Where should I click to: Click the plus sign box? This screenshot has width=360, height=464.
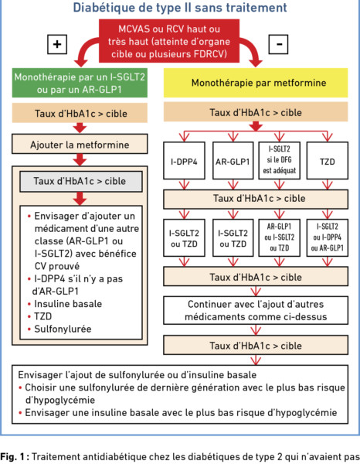57,44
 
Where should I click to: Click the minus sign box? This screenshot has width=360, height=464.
278,44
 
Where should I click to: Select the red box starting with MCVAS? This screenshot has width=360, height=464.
169,41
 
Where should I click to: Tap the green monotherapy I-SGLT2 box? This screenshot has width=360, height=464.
80,83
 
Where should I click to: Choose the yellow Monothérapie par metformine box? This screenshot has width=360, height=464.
256,83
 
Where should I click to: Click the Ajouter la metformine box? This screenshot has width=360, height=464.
80,144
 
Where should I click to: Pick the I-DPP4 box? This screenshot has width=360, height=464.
184,161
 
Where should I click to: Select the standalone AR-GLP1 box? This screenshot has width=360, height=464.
233,161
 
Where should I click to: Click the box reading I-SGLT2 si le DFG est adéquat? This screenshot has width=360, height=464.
280,161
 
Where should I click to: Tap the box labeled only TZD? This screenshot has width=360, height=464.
328,161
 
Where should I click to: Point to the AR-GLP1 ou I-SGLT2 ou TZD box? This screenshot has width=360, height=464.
280,237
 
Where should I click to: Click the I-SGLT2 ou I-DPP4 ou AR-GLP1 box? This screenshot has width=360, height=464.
328,237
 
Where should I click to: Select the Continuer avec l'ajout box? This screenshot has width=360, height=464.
256,310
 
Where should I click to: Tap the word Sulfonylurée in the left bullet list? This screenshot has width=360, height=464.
63,329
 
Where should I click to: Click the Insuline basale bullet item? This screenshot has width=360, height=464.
65,304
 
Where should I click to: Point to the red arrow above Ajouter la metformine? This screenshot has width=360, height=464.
80,128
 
